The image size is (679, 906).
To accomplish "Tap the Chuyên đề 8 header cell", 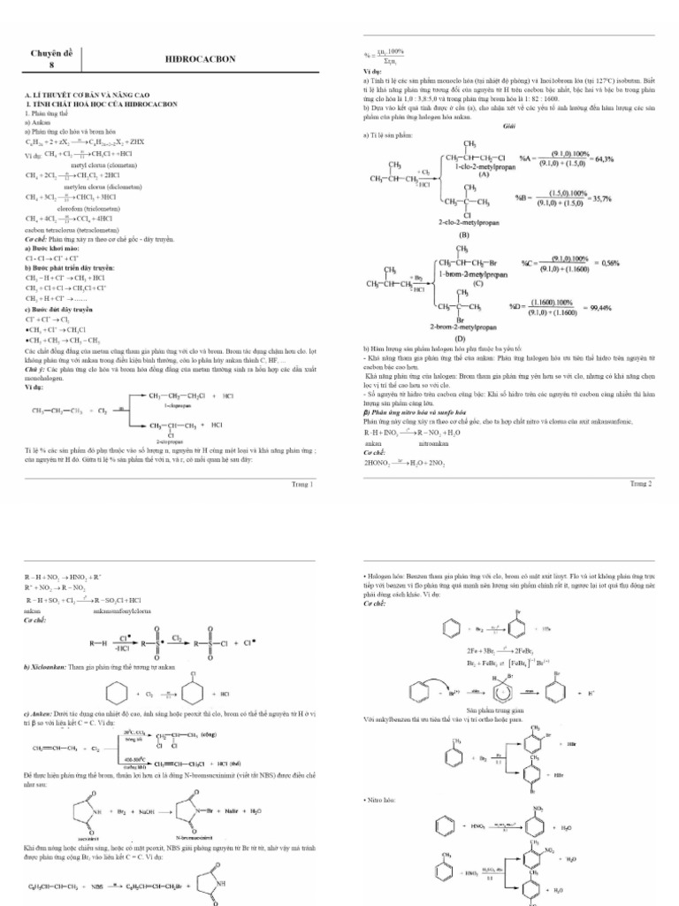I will click(51, 58).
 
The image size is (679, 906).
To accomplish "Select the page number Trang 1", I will click(302, 484).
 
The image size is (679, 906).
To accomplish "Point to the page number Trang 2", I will click(640, 484).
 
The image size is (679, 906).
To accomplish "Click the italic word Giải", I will click(508, 126).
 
